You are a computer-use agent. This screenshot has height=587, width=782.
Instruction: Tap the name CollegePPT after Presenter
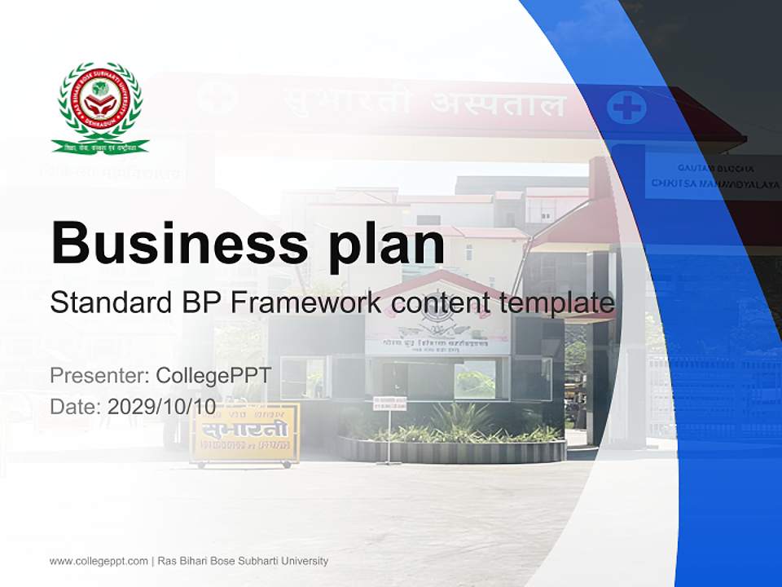(x=213, y=376)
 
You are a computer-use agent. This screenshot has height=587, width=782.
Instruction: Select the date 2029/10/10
(x=162, y=406)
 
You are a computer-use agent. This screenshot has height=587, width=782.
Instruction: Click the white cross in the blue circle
(x=626, y=108)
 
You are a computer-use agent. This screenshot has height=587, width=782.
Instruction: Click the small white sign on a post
(x=389, y=403)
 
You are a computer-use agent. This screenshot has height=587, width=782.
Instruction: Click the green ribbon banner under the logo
(x=100, y=146)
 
